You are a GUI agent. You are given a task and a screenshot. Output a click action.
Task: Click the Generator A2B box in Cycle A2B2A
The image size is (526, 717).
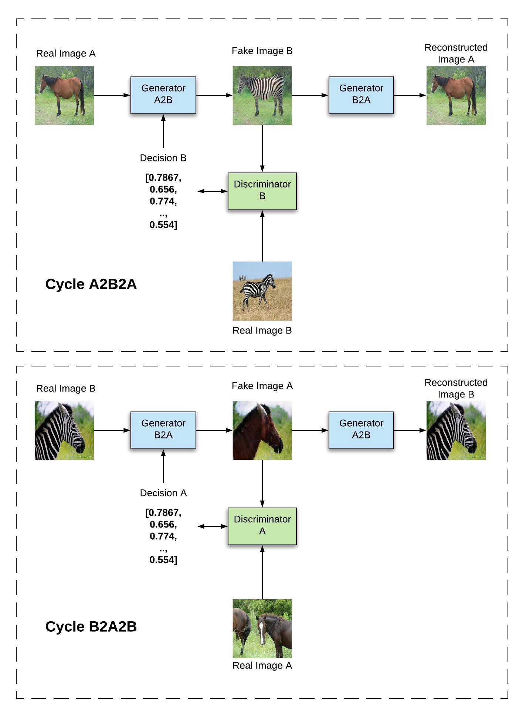point(163,95)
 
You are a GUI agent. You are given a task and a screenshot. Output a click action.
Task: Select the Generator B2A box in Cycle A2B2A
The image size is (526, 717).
point(361,95)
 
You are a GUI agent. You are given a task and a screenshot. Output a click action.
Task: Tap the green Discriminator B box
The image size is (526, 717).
point(262,191)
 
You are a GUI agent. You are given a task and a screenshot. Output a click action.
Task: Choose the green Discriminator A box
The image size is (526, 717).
point(262,526)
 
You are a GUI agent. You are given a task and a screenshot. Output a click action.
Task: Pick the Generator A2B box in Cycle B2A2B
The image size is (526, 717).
point(361,430)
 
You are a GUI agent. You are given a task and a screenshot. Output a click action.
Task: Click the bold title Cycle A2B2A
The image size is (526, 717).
point(91,284)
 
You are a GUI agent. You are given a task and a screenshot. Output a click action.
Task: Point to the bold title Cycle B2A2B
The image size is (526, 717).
point(91,626)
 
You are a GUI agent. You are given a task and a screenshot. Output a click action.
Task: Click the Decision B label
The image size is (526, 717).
point(163,158)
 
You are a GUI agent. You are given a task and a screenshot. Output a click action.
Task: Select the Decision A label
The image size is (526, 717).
point(163,493)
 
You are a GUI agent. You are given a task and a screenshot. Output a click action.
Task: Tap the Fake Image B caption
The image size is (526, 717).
point(262,51)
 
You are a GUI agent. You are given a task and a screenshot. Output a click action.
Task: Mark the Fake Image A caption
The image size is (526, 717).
point(262,386)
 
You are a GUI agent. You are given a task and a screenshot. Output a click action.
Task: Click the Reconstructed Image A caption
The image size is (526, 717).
point(456,53)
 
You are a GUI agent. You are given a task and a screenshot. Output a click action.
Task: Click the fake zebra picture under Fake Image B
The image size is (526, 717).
point(262,95)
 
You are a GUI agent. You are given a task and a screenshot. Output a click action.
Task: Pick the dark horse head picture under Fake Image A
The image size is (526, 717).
point(262,430)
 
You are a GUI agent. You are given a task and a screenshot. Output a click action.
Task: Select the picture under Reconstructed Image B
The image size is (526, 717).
point(456,430)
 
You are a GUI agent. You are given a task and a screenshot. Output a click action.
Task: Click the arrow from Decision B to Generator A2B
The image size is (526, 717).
point(163,132)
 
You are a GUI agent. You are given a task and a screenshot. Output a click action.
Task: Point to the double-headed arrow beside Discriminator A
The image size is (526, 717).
point(213,526)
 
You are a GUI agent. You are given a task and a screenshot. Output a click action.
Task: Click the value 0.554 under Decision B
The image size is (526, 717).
point(163,225)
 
